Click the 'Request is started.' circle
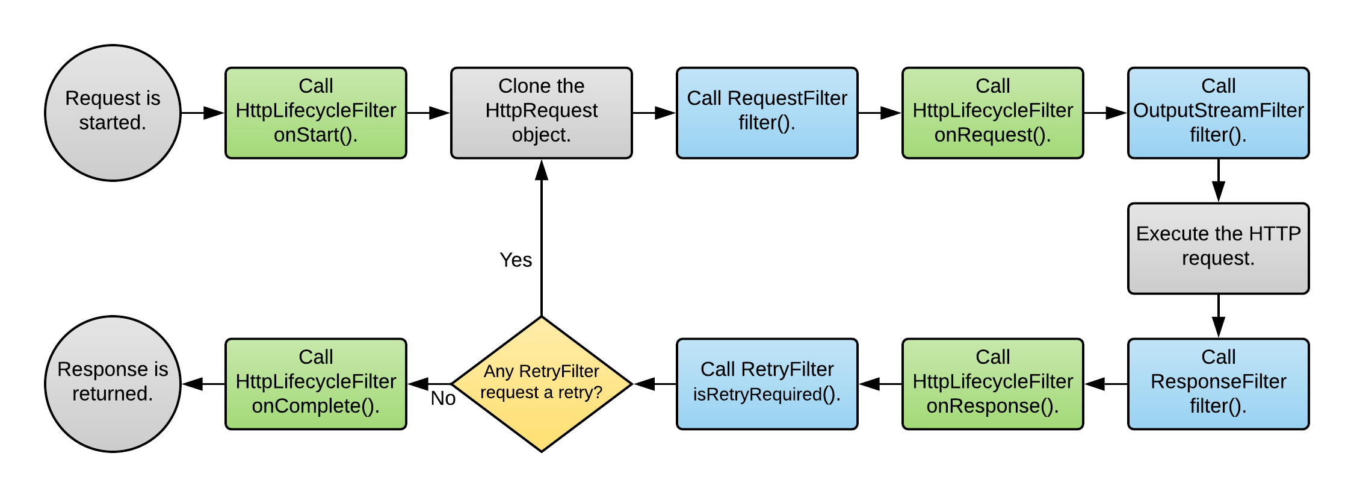click(x=113, y=113)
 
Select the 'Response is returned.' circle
click(x=113, y=384)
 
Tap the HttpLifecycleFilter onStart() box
click(x=316, y=113)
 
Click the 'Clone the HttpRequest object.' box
click(x=542, y=113)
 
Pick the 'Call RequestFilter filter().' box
click(x=767, y=113)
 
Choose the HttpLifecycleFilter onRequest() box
click(x=993, y=113)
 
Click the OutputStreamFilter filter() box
click(x=1219, y=113)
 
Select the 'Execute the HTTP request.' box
click(x=1219, y=248)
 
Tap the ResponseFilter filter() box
click(x=1219, y=384)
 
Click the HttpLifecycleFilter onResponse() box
click(x=993, y=384)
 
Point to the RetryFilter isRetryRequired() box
click(x=767, y=384)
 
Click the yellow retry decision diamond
click(x=542, y=384)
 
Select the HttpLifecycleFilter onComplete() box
click(x=316, y=384)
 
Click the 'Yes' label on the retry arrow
click(x=516, y=260)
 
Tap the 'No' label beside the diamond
click(x=443, y=399)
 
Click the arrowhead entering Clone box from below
click(x=542, y=170)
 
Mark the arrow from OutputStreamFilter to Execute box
click(x=1219, y=181)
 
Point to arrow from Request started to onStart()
click(x=203, y=113)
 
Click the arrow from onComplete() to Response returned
click(x=203, y=384)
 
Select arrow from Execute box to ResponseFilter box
click(x=1219, y=316)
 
